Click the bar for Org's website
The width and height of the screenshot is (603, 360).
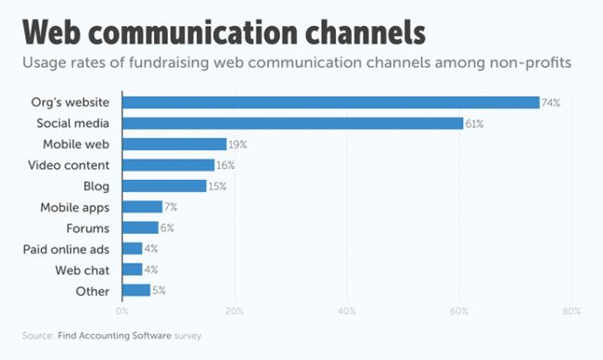[330, 102]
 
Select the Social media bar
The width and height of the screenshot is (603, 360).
[292, 123]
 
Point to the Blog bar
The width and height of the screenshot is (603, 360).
[163, 186]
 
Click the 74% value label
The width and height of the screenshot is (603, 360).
[551, 102]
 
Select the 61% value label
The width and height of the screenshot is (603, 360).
[475, 123]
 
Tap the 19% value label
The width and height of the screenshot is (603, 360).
[238, 144]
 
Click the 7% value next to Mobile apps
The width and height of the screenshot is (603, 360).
[171, 207]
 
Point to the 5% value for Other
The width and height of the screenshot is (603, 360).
[158, 290]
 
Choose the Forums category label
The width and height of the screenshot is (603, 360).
[89, 227]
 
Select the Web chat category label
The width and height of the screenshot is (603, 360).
[83, 270]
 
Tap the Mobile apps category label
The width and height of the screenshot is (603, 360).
[75, 207]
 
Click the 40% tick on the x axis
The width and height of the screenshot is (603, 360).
[348, 311]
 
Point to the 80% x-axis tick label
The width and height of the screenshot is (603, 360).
[572, 311]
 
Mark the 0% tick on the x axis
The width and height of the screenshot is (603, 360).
[122, 311]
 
